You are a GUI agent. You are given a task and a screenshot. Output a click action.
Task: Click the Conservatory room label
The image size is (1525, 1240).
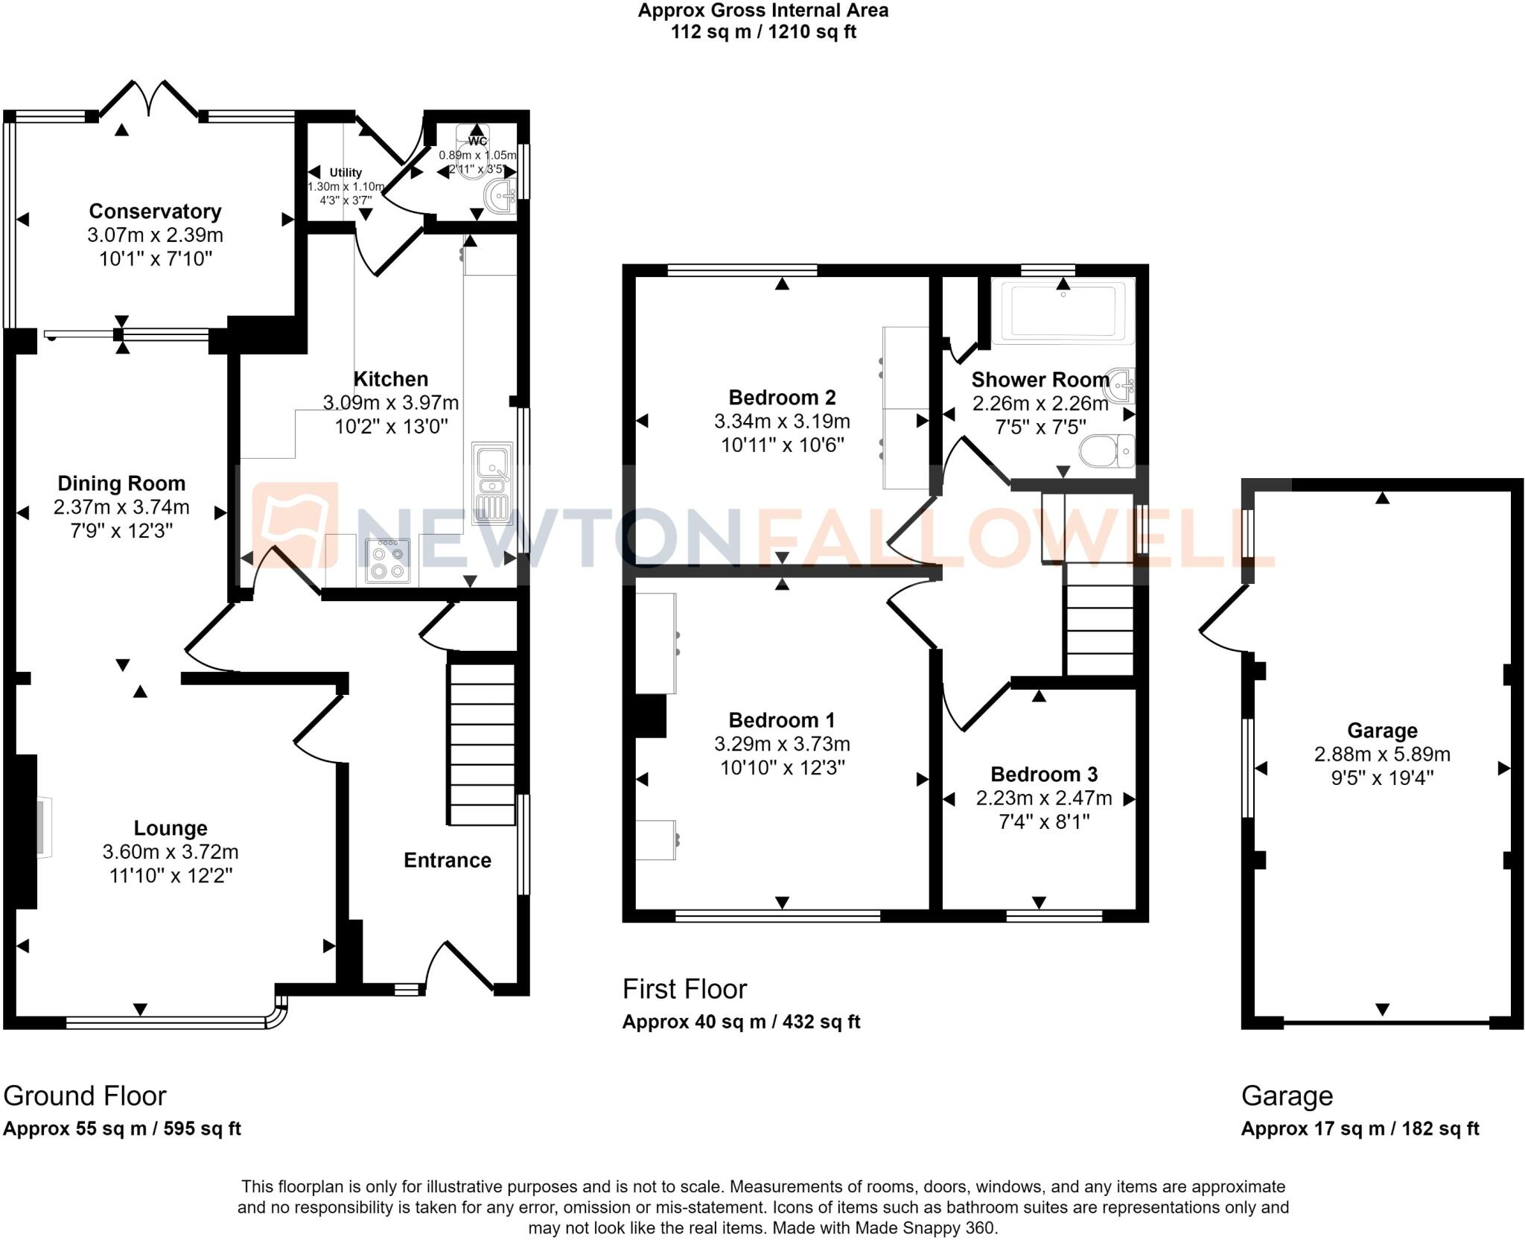coord(155,212)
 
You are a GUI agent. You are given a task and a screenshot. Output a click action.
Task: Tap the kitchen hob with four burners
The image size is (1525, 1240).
coord(388,560)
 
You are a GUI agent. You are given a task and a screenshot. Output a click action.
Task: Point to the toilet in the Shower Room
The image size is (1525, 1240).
coord(1107,451)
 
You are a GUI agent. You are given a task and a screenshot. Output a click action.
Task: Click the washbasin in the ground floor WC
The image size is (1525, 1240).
coord(500,197)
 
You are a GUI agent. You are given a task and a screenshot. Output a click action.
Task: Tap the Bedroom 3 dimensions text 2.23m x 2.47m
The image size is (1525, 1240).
coord(1044,798)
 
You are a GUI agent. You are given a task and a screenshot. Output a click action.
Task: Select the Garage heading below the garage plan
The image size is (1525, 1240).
coord(1287,1096)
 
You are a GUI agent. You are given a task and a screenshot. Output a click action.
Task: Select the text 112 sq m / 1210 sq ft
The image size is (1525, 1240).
coord(763,32)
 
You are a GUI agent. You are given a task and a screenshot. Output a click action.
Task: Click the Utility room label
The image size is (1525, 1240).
coord(346,172)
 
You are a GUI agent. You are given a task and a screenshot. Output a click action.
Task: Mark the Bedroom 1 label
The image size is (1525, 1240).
coord(781,720)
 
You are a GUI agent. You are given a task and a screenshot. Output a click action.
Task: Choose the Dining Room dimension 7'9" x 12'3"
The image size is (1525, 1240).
coord(121,531)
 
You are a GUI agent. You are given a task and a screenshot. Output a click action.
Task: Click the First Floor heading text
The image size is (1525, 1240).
coord(684,989)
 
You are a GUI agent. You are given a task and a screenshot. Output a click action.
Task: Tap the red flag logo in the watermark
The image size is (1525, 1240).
coord(294,525)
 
